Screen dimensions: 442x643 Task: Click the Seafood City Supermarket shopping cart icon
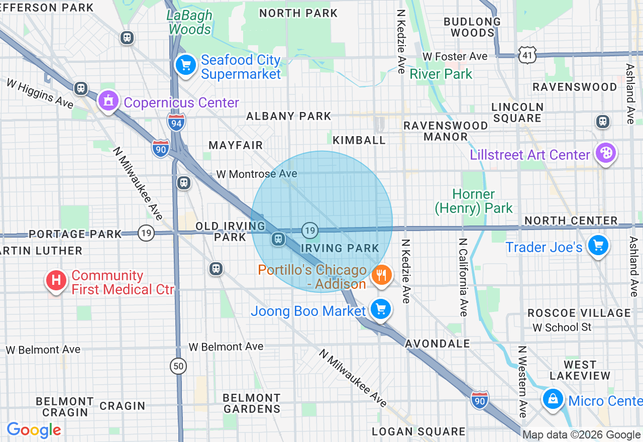[186, 65]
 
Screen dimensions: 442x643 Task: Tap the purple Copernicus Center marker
[108, 101]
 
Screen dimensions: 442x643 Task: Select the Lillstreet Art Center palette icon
[605, 153]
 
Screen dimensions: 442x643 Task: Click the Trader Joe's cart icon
[598, 246]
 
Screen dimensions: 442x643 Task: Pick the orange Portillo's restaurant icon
[381, 275]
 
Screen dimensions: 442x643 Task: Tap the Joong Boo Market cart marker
[380, 309]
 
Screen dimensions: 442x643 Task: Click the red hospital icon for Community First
[56, 280]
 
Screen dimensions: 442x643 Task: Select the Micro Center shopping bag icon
[553, 399]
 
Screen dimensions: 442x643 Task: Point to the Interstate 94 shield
[176, 122]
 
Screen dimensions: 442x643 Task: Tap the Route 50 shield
[178, 366]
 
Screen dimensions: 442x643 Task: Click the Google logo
[34, 430]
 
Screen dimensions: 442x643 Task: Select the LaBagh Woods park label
[190, 23]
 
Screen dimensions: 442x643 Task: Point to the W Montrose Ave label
[257, 174]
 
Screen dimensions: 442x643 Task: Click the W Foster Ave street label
[455, 56]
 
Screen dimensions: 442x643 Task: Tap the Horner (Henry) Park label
[474, 201]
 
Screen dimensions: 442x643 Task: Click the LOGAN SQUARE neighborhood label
[418, 431]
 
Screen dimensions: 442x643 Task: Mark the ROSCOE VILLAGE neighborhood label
[579, 313]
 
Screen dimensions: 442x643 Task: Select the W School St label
[562, 327]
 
